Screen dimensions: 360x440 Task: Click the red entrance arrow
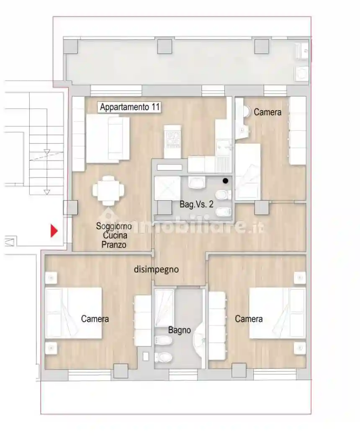(54, 230)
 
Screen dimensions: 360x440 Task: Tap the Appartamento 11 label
(129, 107)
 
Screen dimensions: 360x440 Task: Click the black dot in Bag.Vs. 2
(225, 181)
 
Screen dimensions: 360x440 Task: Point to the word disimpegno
(156, 269)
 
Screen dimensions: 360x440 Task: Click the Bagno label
(180, 330)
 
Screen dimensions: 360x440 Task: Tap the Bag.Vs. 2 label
(196, 204)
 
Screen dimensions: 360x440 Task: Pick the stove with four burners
(173, 140)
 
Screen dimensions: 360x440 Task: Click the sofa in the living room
(108, 138)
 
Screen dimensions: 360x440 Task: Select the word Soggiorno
(114, 226)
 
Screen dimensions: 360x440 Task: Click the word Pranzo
(114, 244)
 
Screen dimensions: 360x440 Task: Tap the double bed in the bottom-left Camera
(73, 313)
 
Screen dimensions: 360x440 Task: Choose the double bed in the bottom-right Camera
(277, 313)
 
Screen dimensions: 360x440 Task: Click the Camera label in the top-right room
(267, 112)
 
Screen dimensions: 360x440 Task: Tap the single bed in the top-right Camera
(247, 172)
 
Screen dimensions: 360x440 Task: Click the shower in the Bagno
(164, 308)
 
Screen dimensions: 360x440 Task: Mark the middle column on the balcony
(165, 47)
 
